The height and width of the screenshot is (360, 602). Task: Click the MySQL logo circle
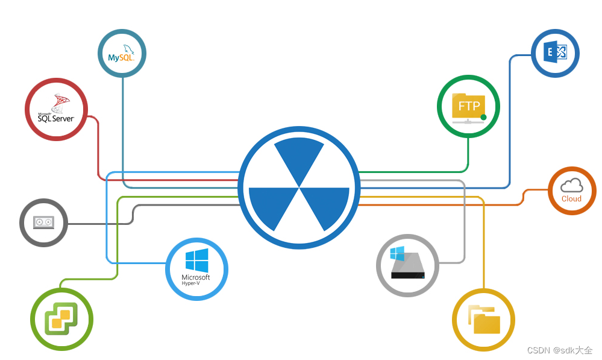(122, 54)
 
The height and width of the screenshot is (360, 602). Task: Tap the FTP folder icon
(468, 106)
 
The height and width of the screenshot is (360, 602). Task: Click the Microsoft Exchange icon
(555, 53)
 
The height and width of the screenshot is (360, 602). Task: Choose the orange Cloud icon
(571, 191)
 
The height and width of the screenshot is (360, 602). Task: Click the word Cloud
(571, 199)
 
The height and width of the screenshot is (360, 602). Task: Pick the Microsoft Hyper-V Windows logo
(196, 261)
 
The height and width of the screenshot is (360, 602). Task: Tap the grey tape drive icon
(43, 223)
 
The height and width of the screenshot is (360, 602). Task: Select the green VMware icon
(61, 319)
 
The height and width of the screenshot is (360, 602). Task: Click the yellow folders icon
(483, 320)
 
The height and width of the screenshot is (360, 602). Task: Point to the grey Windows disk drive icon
(407, 265)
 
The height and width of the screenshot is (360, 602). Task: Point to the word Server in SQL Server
(62, 119)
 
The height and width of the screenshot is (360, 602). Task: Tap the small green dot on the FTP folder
(483, 116)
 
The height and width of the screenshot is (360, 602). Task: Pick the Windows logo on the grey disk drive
(397, 253)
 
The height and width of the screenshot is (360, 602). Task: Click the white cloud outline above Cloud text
(571, 185)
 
